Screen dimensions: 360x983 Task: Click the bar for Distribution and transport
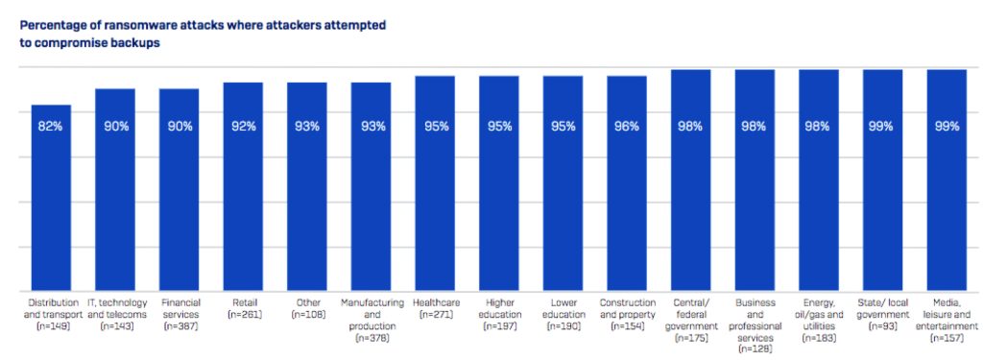[x=50, y=202]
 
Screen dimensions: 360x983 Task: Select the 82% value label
[x=50, y=126]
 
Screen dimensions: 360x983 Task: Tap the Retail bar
[x=243, y=192]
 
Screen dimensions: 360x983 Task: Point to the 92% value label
[x=243, y=126]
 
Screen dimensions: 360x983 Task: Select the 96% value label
[x=627, y=126]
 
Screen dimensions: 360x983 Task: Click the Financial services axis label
[x=179, y=308]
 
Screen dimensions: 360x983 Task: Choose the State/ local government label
[x=882, y=308]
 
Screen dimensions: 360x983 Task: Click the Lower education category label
[x=563, y=308]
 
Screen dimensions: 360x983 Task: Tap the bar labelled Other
[x=307, y=192]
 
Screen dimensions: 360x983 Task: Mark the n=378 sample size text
[x=371, y=339]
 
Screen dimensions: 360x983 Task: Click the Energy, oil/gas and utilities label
[x=819, y=314]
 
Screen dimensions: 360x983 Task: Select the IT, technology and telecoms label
[x=114, y=308]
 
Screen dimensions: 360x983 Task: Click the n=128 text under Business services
[x=755, y=350]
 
